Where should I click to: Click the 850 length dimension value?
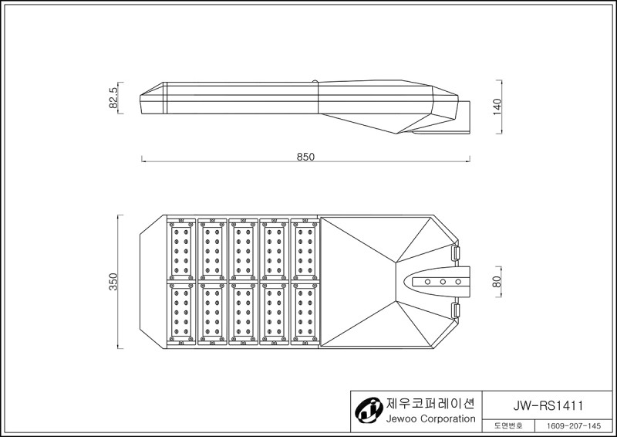(x=305, y=157)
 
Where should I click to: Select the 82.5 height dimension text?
(x=113, y=98)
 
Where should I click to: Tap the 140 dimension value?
(x=497, y=107)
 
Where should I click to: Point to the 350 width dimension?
(x=113, y=282)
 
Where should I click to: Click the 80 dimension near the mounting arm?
(x=497, y=281)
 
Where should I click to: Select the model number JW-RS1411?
(x=548, y=405)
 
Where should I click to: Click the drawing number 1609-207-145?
(x=575, y=426)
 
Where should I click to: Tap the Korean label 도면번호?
(x=508, y=426)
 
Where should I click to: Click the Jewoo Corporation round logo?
(x=369, y=411)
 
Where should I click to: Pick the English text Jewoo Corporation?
(x=430, y=418)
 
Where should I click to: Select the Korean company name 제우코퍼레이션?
(x=430, y=404)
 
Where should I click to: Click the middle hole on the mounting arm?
(x=443, y=282)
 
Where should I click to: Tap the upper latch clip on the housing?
(x=455, y=252)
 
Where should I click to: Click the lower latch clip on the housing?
(x=455, y=310)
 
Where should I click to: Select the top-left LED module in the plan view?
(x=181, y=249)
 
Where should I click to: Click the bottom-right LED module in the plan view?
(x=305, y=314)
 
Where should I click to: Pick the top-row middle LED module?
(x=243, y=249)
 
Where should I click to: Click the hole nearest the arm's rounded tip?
(x=427, y=282)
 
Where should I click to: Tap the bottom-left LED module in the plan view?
(x=181, y=314)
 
